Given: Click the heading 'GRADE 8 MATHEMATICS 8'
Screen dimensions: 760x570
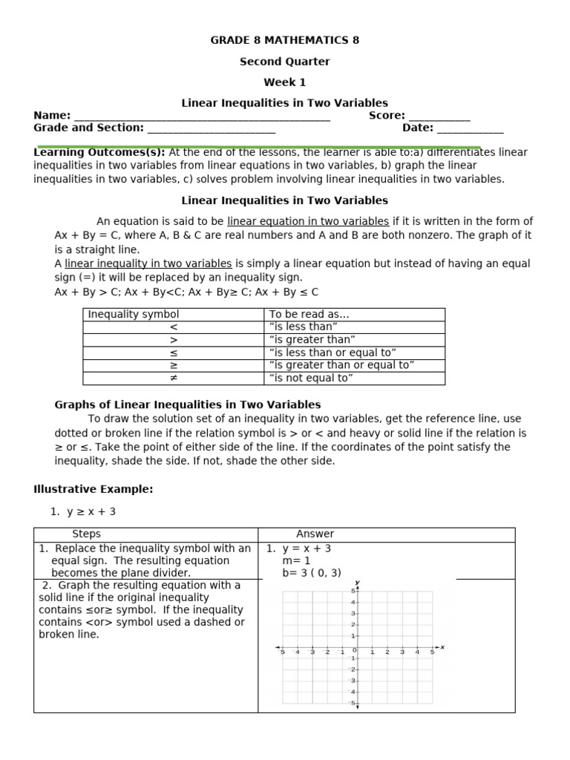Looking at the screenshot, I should (x=285, y=40).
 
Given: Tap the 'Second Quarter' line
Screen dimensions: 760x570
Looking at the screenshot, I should (x=285, y=62).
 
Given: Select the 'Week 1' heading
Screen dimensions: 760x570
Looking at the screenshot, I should (x=285, y=82).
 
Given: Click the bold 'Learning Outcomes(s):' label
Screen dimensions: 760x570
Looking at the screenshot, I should (x=99, y=152).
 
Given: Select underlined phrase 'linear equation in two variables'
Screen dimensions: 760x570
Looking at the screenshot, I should (x=308, y=221).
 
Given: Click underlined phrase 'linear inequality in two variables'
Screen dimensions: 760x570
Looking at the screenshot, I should (x=148, y=263).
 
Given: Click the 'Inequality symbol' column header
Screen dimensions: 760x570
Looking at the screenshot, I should (x=134, y=315).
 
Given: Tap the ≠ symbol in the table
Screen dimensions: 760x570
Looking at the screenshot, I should (x=174, y=378).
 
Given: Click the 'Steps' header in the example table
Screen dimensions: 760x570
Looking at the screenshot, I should (x=86, y=534).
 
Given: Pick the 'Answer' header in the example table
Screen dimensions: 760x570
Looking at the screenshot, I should (x=315, y=534).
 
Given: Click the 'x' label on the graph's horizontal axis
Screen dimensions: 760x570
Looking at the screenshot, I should (x=442, y=647).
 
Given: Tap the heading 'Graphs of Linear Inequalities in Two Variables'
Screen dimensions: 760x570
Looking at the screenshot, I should (x=188, y=404).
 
